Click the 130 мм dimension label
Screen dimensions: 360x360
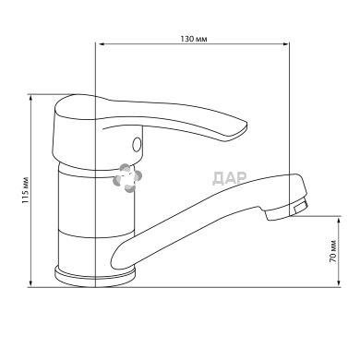coord(194,39)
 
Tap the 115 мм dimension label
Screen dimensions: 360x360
coord(25,191)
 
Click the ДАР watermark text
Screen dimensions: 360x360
coord(229,178)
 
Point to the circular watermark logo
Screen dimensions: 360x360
coord(127,178)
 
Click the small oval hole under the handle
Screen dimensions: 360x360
coord(137,144)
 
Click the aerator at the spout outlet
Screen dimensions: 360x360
coord(300,207)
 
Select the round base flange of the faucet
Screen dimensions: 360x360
coord(95,275)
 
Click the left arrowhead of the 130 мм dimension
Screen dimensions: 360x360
coord(101,44)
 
